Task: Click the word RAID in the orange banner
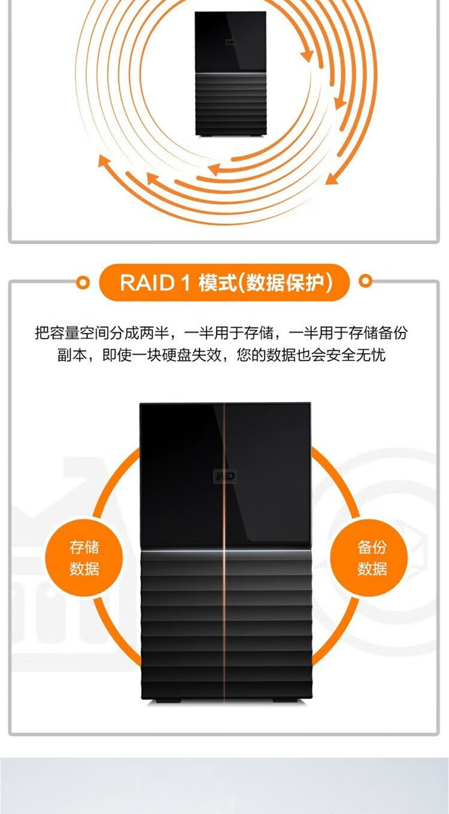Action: coord(146,282)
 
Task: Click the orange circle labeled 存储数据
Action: coord(84,558)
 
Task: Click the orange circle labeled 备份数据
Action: coord(369,558)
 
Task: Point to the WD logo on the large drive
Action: coord(225,477)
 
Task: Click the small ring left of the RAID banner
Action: coord(84,282)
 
